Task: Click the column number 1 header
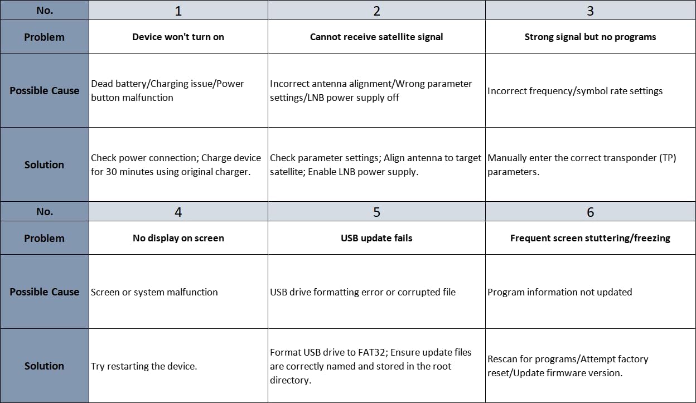click(178, 11)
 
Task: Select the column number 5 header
click(376, 212)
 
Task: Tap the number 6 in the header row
click(591, 212)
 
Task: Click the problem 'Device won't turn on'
click(178, 37)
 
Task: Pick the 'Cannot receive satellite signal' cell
click(376, 37)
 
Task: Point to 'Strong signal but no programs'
click(591, 37)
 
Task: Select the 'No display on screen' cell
click(178, 238)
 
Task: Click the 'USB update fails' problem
click(376, 238)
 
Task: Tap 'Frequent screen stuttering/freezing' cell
click(591, 238)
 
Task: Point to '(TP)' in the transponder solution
click(668, 158)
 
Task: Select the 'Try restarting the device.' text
click(144, 366)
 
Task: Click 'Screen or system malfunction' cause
click(154, 292)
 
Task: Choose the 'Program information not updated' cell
click(559, 292)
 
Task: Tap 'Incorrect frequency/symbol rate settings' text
click(575, 91)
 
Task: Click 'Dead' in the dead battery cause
click(102, 84)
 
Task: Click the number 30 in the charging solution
click(111, 172)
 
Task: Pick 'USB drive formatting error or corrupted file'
click(362, 292)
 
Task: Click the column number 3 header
click(591, 11)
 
